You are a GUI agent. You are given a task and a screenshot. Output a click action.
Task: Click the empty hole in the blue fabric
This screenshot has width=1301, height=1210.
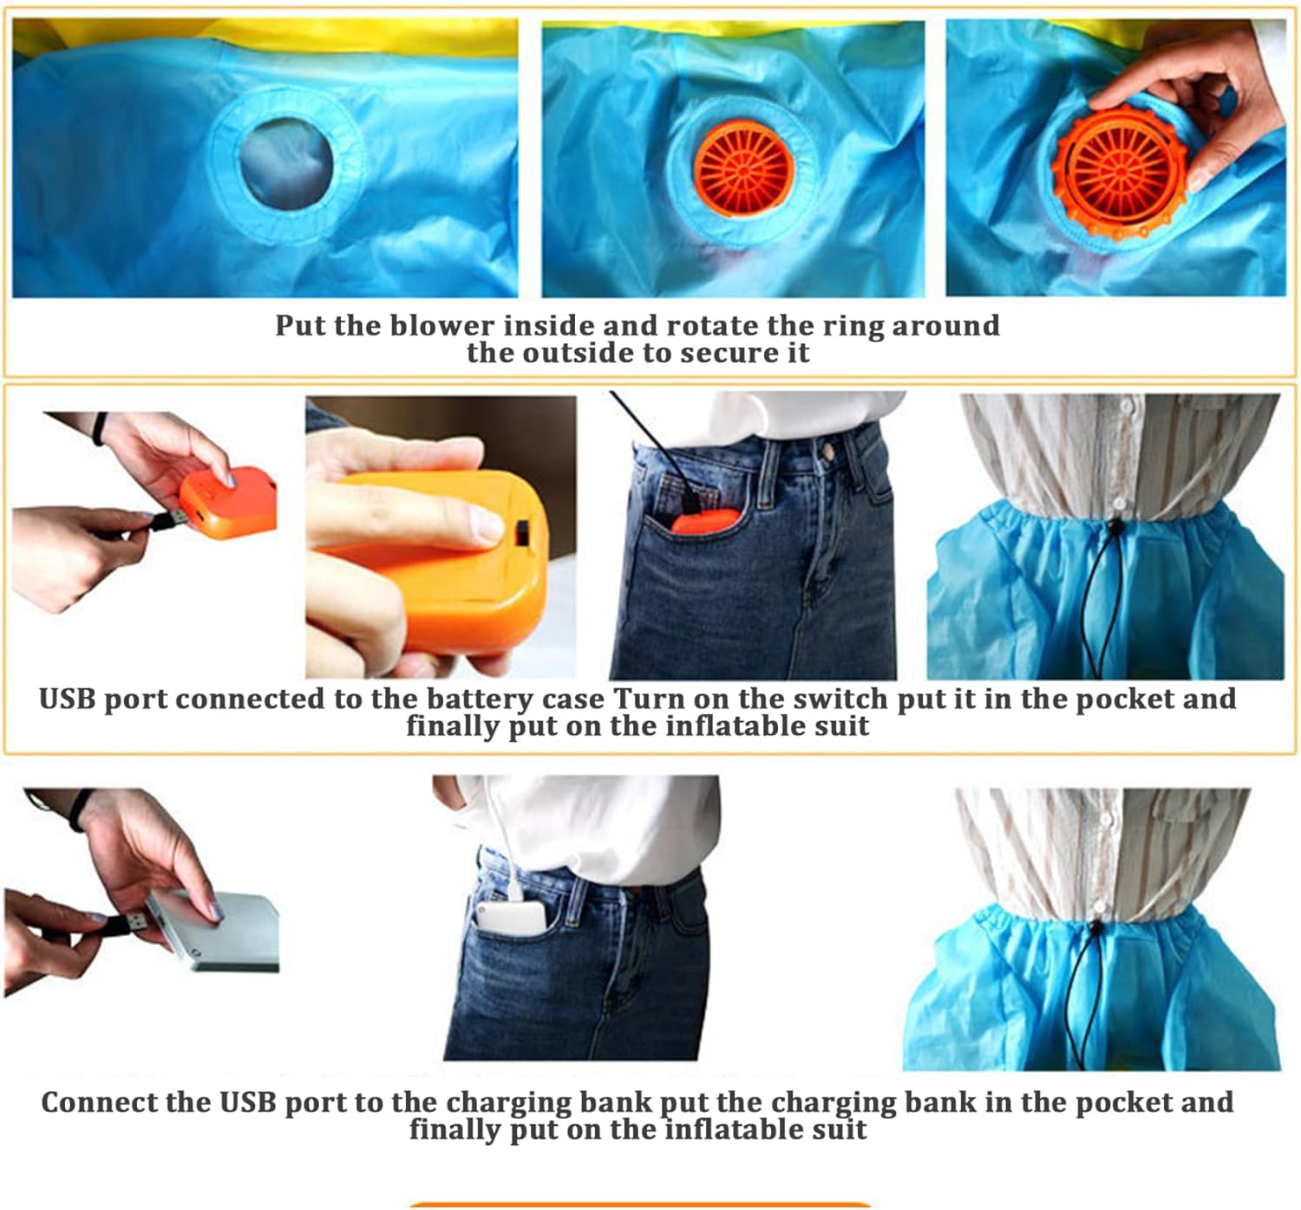[x=286, y=164]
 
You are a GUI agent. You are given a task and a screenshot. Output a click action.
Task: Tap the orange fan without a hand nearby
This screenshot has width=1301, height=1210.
[x=744, y=170]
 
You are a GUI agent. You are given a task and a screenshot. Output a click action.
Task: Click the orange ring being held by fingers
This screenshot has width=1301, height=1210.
[x=1121, y=172]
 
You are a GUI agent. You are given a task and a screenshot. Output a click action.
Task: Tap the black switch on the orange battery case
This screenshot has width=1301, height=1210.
[x=522, y=532]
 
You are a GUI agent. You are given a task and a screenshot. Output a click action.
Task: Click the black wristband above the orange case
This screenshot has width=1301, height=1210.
[x=99, y=429]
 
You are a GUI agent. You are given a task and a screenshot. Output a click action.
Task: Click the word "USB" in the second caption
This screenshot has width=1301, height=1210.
[x=68, y=699]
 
